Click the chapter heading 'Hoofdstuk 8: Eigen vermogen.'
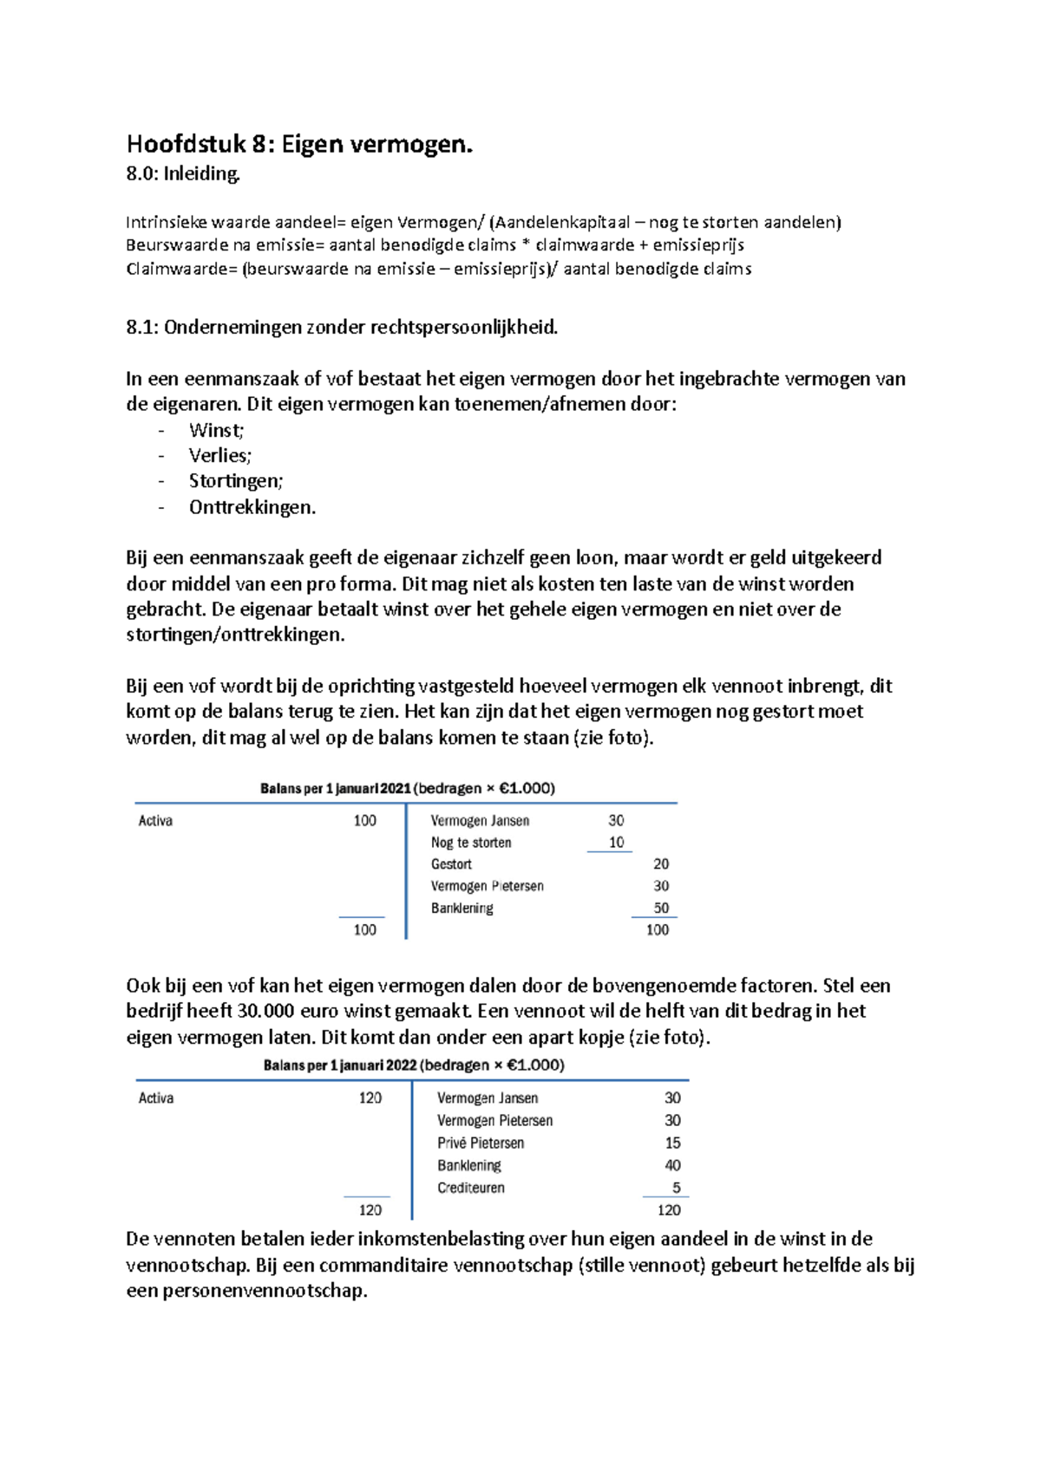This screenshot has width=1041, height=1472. click(x=299, y=144)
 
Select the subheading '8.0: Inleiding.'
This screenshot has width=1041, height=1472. click(x=183, y=174)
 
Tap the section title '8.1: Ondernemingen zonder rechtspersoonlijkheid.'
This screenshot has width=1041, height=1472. click(x=342, y=328)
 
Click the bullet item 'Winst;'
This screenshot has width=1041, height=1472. click(x=216, y=431)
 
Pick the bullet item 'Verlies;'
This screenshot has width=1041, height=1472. click(x=219, y=456)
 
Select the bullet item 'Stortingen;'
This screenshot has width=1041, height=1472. click(x=236, y=481)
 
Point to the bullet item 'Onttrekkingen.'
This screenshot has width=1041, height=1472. click(x=252, y=507)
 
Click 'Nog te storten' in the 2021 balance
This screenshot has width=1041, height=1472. click(x=471, y=843)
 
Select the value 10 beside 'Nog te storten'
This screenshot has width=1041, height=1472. click(x=616, y=843)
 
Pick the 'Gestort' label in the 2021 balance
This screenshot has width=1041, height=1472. click(x=451, y=864)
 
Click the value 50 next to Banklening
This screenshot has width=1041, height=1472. click(x=661, y=909)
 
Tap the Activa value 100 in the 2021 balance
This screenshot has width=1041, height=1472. click(x=364, y=821)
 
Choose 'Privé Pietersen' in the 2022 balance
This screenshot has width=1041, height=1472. click(x=481, y=1143)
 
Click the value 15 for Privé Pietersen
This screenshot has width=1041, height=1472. click(x=672, y=1143)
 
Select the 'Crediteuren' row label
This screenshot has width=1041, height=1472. click(x=471, y=1189)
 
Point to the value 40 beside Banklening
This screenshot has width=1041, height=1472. click(x=672, y=1166)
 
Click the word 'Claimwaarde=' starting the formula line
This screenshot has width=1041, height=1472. click(x=181, y=270)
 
